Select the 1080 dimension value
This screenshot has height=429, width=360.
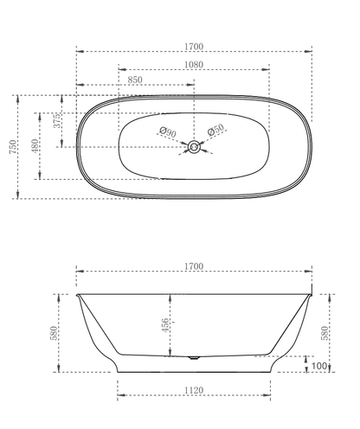[195, 63]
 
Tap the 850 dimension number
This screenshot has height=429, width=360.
[134, 80]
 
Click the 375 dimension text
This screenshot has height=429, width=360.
[57, 122]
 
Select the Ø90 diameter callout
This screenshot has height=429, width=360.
[168, 132]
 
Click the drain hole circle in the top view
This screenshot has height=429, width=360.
[194, 147]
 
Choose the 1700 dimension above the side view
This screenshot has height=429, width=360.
[195, 267]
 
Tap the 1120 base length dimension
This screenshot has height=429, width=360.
[195, 390]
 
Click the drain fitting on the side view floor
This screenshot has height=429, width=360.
[194, 355]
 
